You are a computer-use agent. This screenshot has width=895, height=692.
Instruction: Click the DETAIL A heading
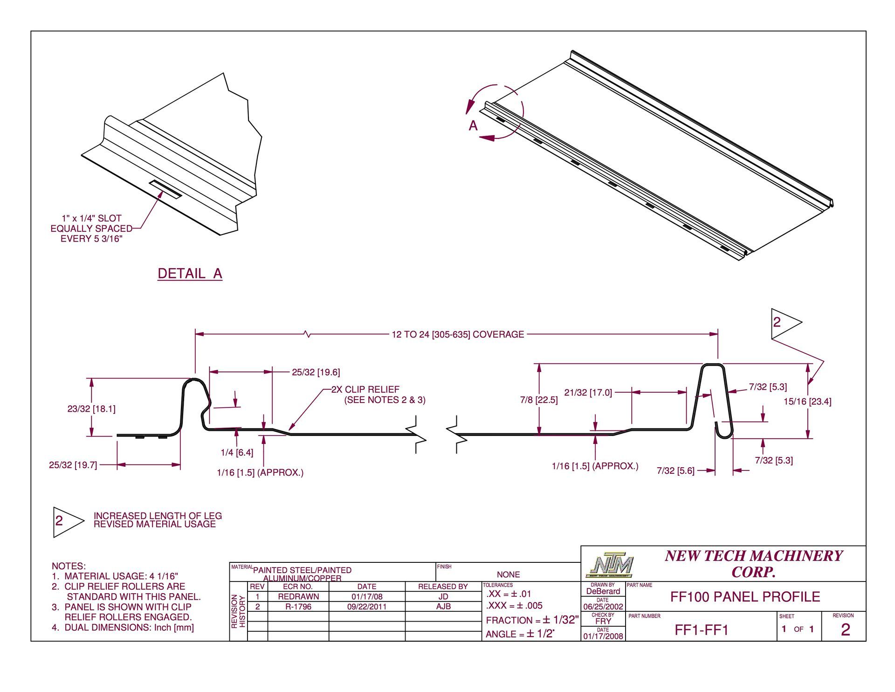click(190, 274)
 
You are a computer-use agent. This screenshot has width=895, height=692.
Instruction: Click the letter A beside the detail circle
click(473, 126)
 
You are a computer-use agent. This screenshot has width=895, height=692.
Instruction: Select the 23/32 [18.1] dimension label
click(91, 409)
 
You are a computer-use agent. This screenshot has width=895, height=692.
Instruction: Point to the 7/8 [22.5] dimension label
click(539, 400)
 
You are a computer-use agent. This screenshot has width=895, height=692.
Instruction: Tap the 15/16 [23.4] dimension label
click(807, 401)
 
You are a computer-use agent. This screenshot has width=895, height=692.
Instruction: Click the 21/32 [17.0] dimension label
click(588, 393)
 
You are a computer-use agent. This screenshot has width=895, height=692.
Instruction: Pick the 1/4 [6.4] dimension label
click(237, 453)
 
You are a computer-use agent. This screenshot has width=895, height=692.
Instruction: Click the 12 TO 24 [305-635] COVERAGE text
click(458, 334)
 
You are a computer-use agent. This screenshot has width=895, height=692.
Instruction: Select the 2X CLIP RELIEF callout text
click(365, 389)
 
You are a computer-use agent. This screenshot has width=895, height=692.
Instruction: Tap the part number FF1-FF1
click(702, 630)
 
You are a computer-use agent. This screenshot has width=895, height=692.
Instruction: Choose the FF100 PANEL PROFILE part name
click(745, 597)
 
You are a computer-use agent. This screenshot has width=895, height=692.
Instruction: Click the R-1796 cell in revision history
click(298, 607)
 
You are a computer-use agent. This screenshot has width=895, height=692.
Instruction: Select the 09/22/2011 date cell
click(367, 607)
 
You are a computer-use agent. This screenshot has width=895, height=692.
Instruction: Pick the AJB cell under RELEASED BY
click(443, 607)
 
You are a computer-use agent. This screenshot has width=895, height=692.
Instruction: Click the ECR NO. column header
click(298, 587)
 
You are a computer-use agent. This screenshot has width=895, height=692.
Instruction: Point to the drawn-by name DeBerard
click(603, 591)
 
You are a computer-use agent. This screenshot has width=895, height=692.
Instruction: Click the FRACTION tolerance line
click(532, 620)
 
